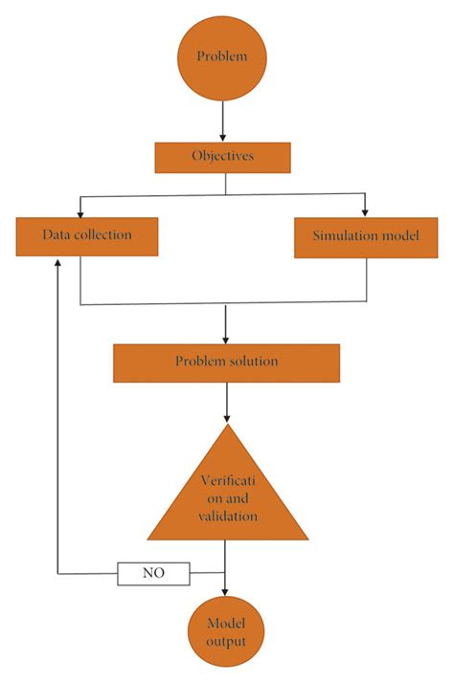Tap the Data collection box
(86, 236)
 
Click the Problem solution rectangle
(226, 362)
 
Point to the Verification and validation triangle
(227, 493)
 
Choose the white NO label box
(153, 574)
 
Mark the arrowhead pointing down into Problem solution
(226, 338)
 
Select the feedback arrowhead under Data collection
(59, 262)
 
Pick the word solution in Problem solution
(252, 362)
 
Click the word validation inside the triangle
(227, 516)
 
